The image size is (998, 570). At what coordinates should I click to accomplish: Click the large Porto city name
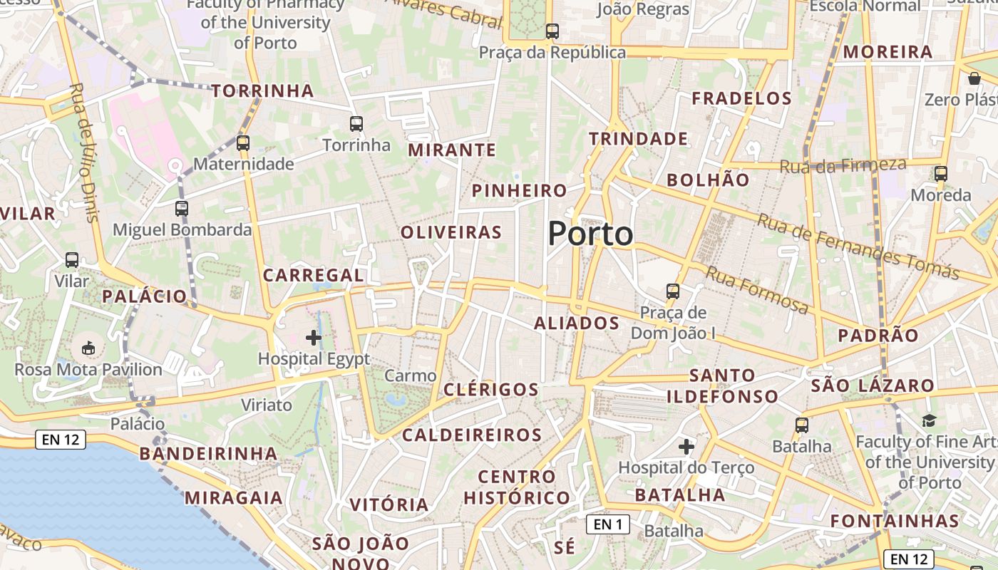(x=590, y=234)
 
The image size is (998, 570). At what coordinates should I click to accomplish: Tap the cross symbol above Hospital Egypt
(x=314, y=338)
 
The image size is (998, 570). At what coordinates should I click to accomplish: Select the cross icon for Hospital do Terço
(x=686, y=447)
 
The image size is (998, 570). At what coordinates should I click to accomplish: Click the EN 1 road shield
(x=608, y=525)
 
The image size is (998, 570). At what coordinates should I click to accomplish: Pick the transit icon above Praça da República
(x=552, y=31)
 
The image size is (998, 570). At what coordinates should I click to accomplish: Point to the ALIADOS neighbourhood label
(x=577, y=323)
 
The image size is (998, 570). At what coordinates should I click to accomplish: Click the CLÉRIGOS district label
(x=491, y=390)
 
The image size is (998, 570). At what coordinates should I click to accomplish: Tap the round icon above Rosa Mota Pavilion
(x=88, y=348)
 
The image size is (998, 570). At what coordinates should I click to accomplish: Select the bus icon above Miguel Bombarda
(x=182, y=209)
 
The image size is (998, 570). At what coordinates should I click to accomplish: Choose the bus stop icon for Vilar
(x=72, y=260)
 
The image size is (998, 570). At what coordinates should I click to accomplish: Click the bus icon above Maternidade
(x=243, y=142)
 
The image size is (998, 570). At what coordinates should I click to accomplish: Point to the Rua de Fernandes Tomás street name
(x=858, y=247)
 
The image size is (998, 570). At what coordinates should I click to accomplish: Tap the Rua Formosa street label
(x=757, y=290)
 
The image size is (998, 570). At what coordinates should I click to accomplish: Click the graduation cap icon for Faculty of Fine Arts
(x=928, y=421)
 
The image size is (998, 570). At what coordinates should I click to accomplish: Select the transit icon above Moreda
(x=941, y=174)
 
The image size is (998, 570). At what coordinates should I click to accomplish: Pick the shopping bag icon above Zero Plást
(x=974, y=78)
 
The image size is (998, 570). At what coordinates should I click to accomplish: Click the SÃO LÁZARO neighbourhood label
(x=873, y=386)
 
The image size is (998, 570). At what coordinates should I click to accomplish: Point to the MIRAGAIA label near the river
(x=234, y=497)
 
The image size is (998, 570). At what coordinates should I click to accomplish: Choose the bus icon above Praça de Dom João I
(x=673, y=291)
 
